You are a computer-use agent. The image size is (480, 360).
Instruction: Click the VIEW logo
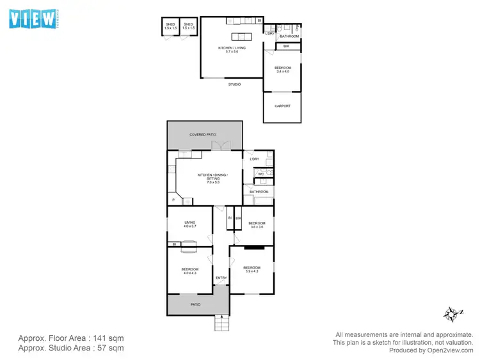click(x=33, y=18)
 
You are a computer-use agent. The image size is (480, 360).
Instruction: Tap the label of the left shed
click(x=170, y=26)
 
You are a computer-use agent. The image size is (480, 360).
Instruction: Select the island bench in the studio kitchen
click(x=243, y=37)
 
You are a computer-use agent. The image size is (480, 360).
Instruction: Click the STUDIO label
click(x=235, y=84)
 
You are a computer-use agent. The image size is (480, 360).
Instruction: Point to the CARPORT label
click(x=282, y=106)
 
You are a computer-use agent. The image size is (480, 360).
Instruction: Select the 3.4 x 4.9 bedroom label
click(x=282, y=70)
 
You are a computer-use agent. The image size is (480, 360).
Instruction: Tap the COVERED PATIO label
click(x=203, y=134)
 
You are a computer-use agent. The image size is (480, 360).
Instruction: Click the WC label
click(x=261, y=174)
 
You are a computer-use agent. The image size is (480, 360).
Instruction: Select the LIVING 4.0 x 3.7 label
click(x=189, y=224)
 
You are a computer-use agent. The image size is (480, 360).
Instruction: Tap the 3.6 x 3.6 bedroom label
click(x=256, y=225)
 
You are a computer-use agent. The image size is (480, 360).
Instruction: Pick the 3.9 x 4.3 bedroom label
click(x=252, y=269)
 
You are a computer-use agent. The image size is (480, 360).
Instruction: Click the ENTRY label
click(x=221, y=278)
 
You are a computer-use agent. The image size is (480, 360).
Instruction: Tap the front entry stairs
click(x=221, y=324)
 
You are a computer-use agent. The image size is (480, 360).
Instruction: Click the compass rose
click(x=452, y=313)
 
